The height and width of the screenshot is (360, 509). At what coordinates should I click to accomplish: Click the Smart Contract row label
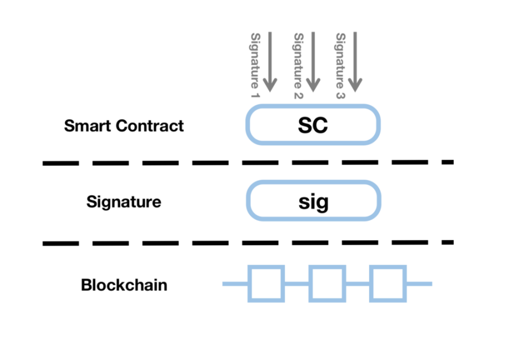point(124,126)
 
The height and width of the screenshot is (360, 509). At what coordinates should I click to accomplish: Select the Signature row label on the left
point(124,202)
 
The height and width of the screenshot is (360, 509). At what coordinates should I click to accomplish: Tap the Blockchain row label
point(124,285)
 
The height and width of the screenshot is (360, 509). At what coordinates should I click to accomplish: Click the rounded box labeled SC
point(313,126)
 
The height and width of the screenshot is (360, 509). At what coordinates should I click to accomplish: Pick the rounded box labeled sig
point(313,202)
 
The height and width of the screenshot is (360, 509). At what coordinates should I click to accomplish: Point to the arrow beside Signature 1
point(270,61)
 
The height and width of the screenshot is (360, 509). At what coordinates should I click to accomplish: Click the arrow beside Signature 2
point(313,61)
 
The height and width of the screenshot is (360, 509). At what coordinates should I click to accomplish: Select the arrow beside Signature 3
point(355,61)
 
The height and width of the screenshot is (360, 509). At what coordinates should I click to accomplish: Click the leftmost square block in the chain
point(266,284)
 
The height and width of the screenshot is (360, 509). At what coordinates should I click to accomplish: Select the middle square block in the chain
point(327,284)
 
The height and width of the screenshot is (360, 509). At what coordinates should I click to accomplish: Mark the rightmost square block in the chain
point(388,284)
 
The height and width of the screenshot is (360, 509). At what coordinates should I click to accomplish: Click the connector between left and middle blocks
point(296,284)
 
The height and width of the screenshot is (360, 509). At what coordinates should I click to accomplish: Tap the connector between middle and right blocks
point(357,284)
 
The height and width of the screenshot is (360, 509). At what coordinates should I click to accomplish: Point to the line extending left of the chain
point(235,284)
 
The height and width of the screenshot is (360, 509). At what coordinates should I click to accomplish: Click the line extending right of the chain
point(419,284)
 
